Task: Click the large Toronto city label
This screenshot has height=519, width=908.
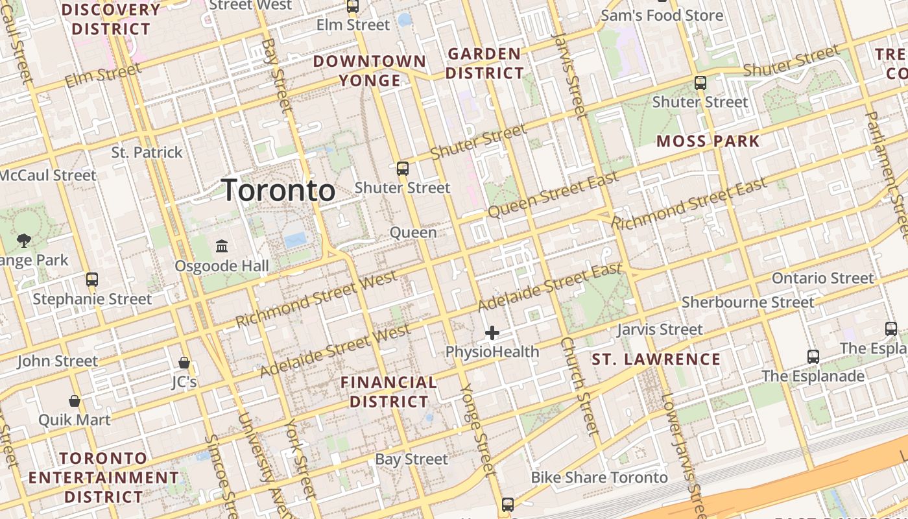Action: tap(279, 191)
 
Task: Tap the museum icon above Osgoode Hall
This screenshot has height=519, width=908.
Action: tap(222, 247)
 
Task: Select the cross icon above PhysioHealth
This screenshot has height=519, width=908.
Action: tap(492, 333)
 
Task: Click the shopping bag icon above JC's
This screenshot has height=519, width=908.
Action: tap(184, 362)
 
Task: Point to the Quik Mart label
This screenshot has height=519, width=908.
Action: tap(75, 420)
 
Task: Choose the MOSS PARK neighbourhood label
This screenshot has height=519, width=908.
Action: tap(708, 141)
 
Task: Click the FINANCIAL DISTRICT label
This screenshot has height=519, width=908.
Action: tap(389, 392)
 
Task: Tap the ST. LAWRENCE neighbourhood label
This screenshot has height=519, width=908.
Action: tap(656, 359)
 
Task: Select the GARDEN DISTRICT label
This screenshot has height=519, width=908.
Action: tap(484, 64)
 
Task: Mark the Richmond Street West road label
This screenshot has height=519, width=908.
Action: tap(316, 299)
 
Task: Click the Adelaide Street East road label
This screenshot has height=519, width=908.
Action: tap(550, 286)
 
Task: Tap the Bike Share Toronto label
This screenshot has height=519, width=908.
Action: tap(599, 478)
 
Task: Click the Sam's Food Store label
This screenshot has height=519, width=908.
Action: tap(662, 15)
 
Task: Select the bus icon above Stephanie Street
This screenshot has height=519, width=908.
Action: tap(92, 280)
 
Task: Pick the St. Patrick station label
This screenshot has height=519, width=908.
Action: tap(147, 152)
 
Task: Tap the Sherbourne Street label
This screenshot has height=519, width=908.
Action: tap(747, 302)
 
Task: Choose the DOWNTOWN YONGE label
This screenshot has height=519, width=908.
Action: tap(370, 71)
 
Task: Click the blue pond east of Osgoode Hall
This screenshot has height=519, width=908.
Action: tap(296, 240)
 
